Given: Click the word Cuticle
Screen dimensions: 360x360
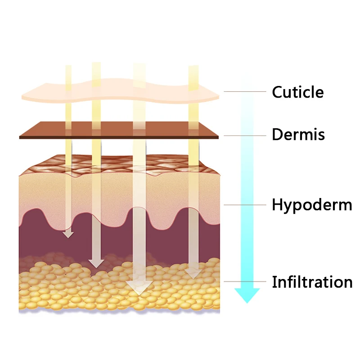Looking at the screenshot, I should click(x=297, y=92).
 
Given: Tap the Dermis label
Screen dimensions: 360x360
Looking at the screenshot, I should click(x=298, y=135).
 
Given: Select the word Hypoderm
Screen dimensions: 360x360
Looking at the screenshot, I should click(x=311, y=205).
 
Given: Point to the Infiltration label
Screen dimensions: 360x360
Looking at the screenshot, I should click(x=311, y=282).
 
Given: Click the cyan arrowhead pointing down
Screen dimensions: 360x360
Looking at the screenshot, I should click(x=247, y=295).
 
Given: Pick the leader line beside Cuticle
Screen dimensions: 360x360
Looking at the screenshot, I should click(x=245, y=92).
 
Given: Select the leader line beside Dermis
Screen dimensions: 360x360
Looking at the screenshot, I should click(x=245, y=135).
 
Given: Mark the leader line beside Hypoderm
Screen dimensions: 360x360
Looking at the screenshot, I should click(x=245, y=205).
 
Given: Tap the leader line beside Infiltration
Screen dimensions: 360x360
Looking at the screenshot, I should click(x=245, y=282).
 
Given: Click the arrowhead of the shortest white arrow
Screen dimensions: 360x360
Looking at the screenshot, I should click(x=68, y=234).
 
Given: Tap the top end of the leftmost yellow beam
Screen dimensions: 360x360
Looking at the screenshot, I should click(x=68, y=67).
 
